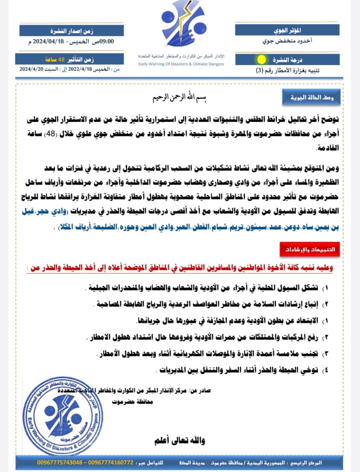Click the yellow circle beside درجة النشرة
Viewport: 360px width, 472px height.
[x=261, y=59]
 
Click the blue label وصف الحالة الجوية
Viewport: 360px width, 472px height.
[x=308, y=97]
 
